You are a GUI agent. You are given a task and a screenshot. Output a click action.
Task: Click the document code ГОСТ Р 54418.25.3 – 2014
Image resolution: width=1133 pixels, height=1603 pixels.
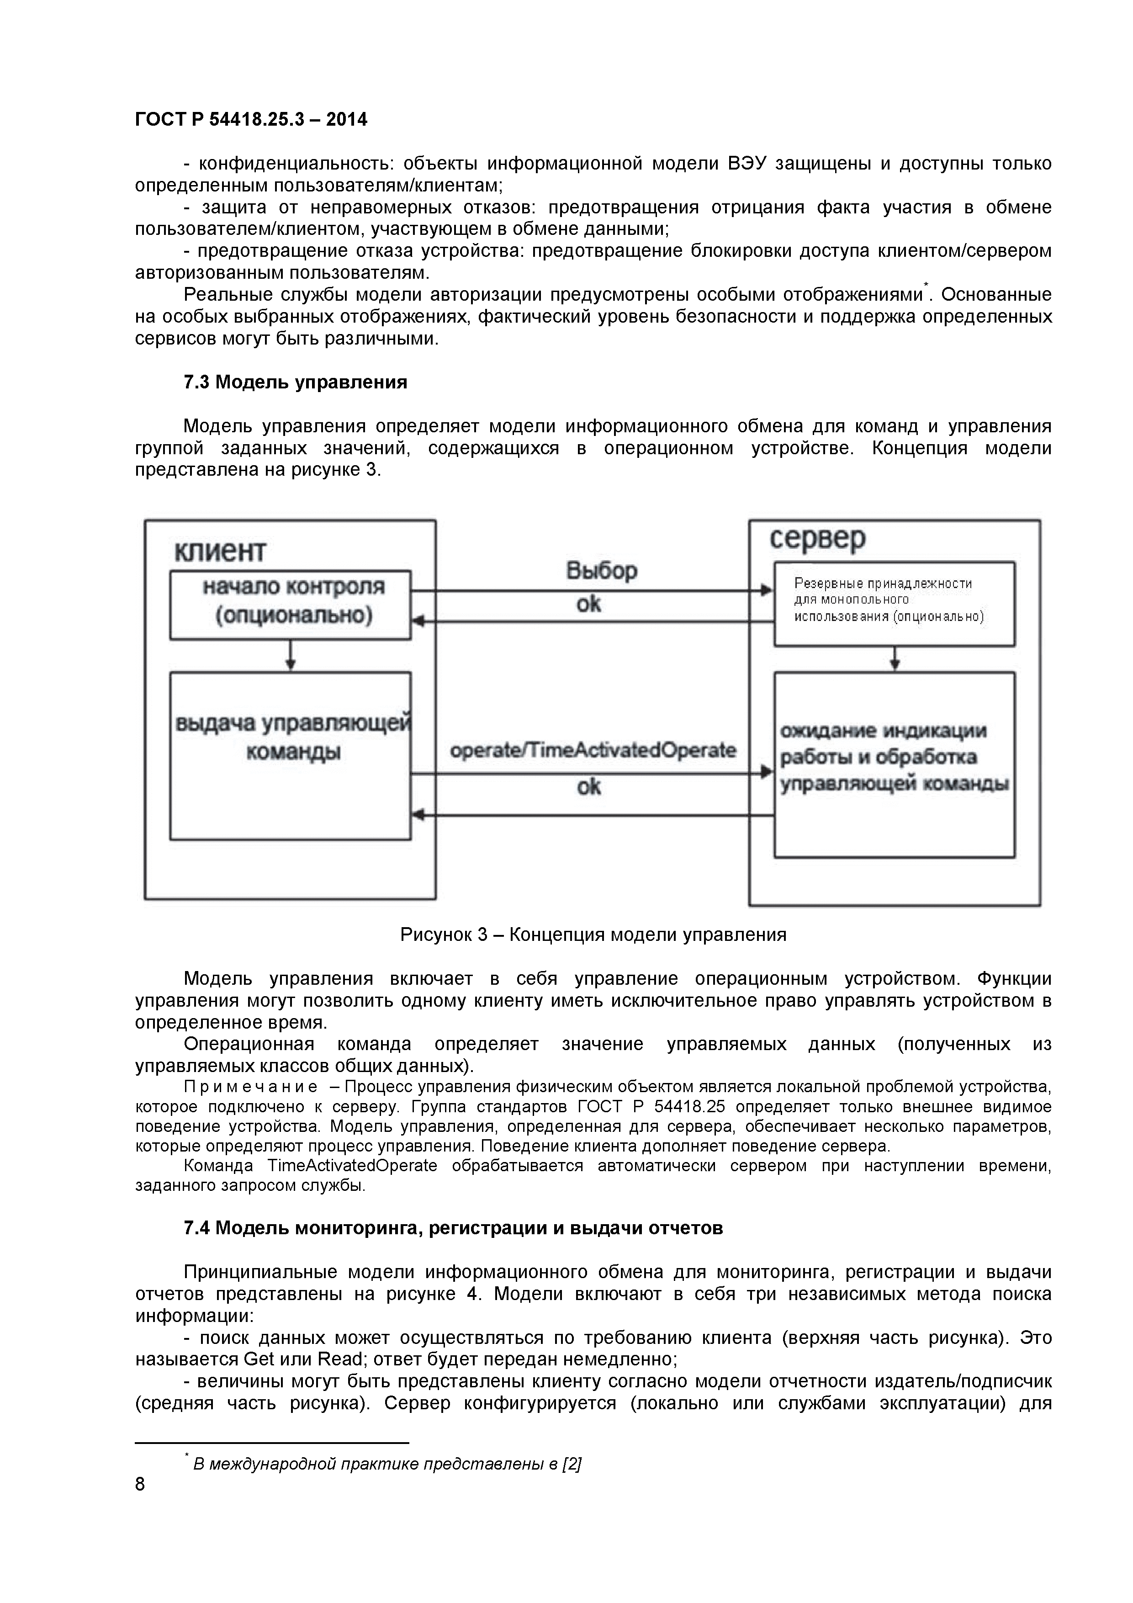251,120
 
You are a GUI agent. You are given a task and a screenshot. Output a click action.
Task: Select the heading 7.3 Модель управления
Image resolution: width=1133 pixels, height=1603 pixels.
295,382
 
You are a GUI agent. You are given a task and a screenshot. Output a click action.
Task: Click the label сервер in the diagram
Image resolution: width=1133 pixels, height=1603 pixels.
817,538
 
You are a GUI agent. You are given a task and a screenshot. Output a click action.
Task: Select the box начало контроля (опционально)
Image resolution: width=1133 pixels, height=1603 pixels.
291,604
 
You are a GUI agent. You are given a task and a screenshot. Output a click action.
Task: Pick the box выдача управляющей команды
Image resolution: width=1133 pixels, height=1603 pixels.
291,755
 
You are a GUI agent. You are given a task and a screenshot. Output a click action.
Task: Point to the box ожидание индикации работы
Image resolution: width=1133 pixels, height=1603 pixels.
894,764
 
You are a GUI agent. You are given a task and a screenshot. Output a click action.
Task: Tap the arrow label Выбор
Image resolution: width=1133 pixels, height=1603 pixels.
601,571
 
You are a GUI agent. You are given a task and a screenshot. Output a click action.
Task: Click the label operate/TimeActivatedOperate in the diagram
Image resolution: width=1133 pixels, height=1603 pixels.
593,750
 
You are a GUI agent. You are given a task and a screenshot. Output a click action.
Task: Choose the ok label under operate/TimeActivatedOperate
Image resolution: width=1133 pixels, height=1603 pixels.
588,787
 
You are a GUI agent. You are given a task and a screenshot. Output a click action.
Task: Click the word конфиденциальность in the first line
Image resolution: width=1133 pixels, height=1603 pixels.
296,164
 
